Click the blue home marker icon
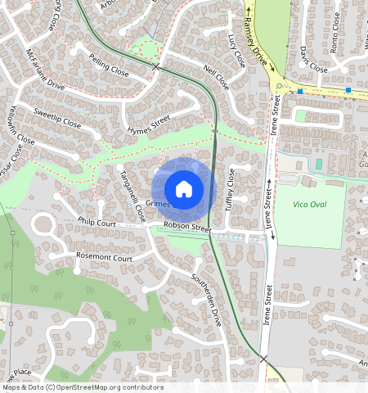184,189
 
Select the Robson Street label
187,227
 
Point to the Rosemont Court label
104,257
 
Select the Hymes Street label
149,124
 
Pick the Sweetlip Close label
57,117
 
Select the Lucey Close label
236,52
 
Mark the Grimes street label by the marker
157,202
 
